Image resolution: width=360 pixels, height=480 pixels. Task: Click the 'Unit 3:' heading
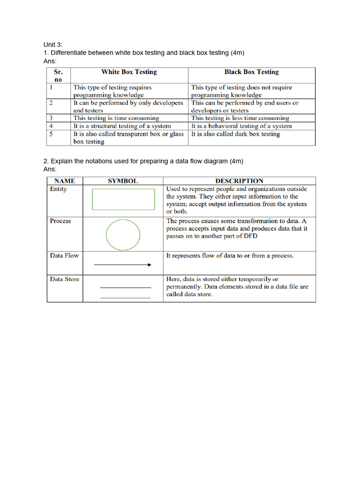tap(53, 45)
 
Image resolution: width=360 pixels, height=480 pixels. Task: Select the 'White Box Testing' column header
tap(129, 72)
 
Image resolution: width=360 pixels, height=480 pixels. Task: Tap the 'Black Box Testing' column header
tap(251, 72)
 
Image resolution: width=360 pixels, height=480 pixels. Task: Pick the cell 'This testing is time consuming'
tap(116, 118)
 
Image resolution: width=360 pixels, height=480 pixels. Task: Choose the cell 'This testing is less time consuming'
tap(240, 118)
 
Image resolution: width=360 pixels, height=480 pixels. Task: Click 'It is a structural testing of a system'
tap(122, 126)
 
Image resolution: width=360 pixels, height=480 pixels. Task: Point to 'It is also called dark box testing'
tap(235, 134)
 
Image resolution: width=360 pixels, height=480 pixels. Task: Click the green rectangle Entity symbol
tap(123, 199)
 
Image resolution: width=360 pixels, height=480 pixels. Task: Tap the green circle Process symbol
tap(123, 234)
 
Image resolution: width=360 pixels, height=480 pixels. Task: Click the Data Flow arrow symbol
tap(123, 265)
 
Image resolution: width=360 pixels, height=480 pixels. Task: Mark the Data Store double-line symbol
tap(126, 292)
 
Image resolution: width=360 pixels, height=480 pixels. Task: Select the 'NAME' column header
tap(65, 181)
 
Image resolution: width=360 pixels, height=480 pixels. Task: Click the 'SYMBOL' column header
tap(123, 181)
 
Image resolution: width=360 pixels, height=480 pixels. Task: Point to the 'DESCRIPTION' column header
tap(239, 181)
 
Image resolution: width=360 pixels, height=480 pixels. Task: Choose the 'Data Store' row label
tap(64, 279)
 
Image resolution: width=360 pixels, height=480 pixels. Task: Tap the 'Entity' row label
tap(58, 189)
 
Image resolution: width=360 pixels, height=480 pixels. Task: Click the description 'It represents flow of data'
tap(230, 256)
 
